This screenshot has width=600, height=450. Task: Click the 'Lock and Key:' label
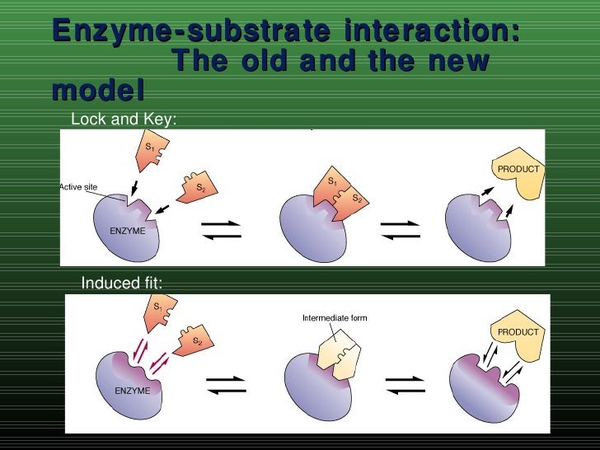click(x=124, y=120)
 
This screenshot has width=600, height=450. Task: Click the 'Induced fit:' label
click(x=121, y=284)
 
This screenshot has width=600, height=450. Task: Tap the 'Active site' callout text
click(x=77, y=187)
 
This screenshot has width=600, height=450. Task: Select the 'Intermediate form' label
click(x=335, y=318)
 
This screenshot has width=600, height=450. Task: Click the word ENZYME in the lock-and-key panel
click(x=127, y=231)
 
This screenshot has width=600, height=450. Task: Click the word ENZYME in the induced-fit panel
click(x=132, y=391)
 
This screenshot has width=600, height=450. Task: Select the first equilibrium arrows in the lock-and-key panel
click(x=222, y=230)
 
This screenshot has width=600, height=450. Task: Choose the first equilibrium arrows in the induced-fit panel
click(x=224, y=386)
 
